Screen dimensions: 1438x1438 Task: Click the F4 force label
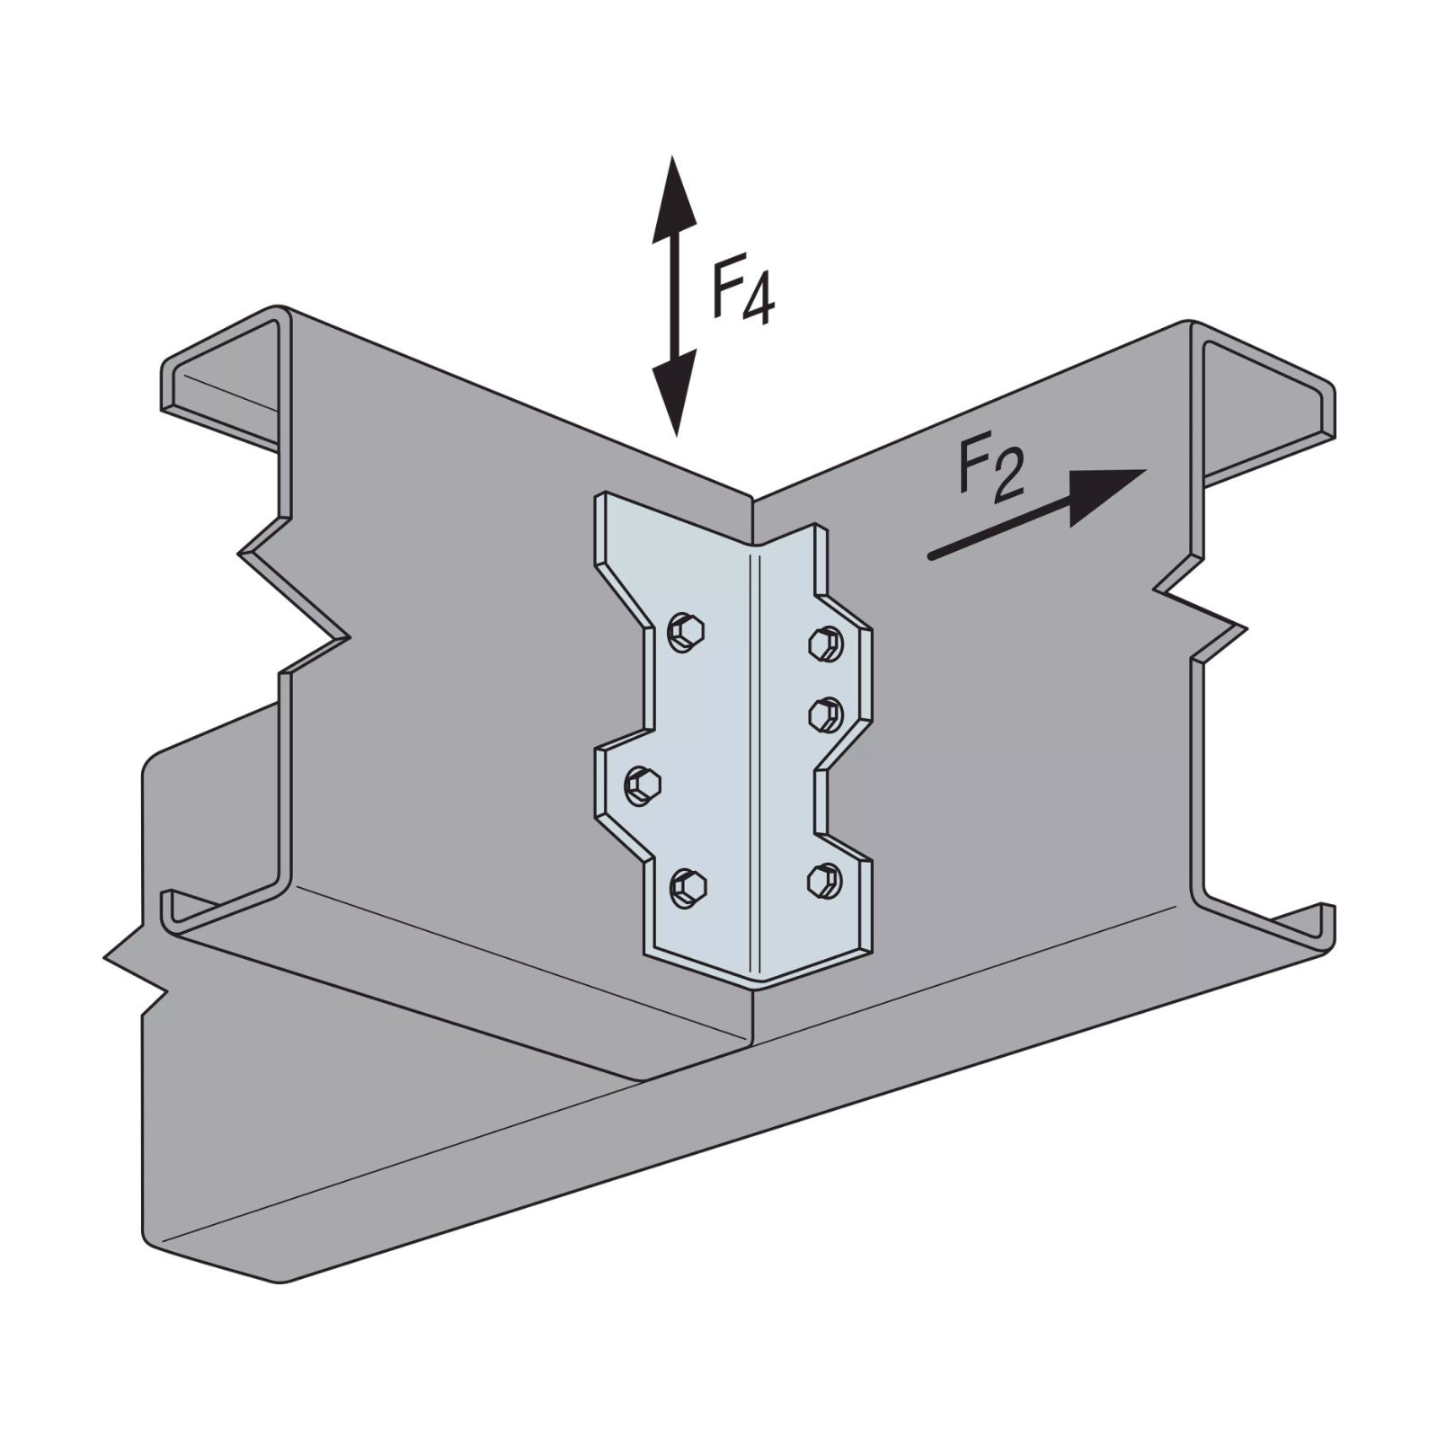[742, 292]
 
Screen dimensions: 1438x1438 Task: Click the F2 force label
[991, 471]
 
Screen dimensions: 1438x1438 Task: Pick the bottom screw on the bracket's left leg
[688, 889]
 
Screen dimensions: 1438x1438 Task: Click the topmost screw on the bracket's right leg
[825, 642]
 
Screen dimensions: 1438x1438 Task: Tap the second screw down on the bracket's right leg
[825, 714]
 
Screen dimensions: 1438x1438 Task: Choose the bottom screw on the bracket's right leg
[825, 879]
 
